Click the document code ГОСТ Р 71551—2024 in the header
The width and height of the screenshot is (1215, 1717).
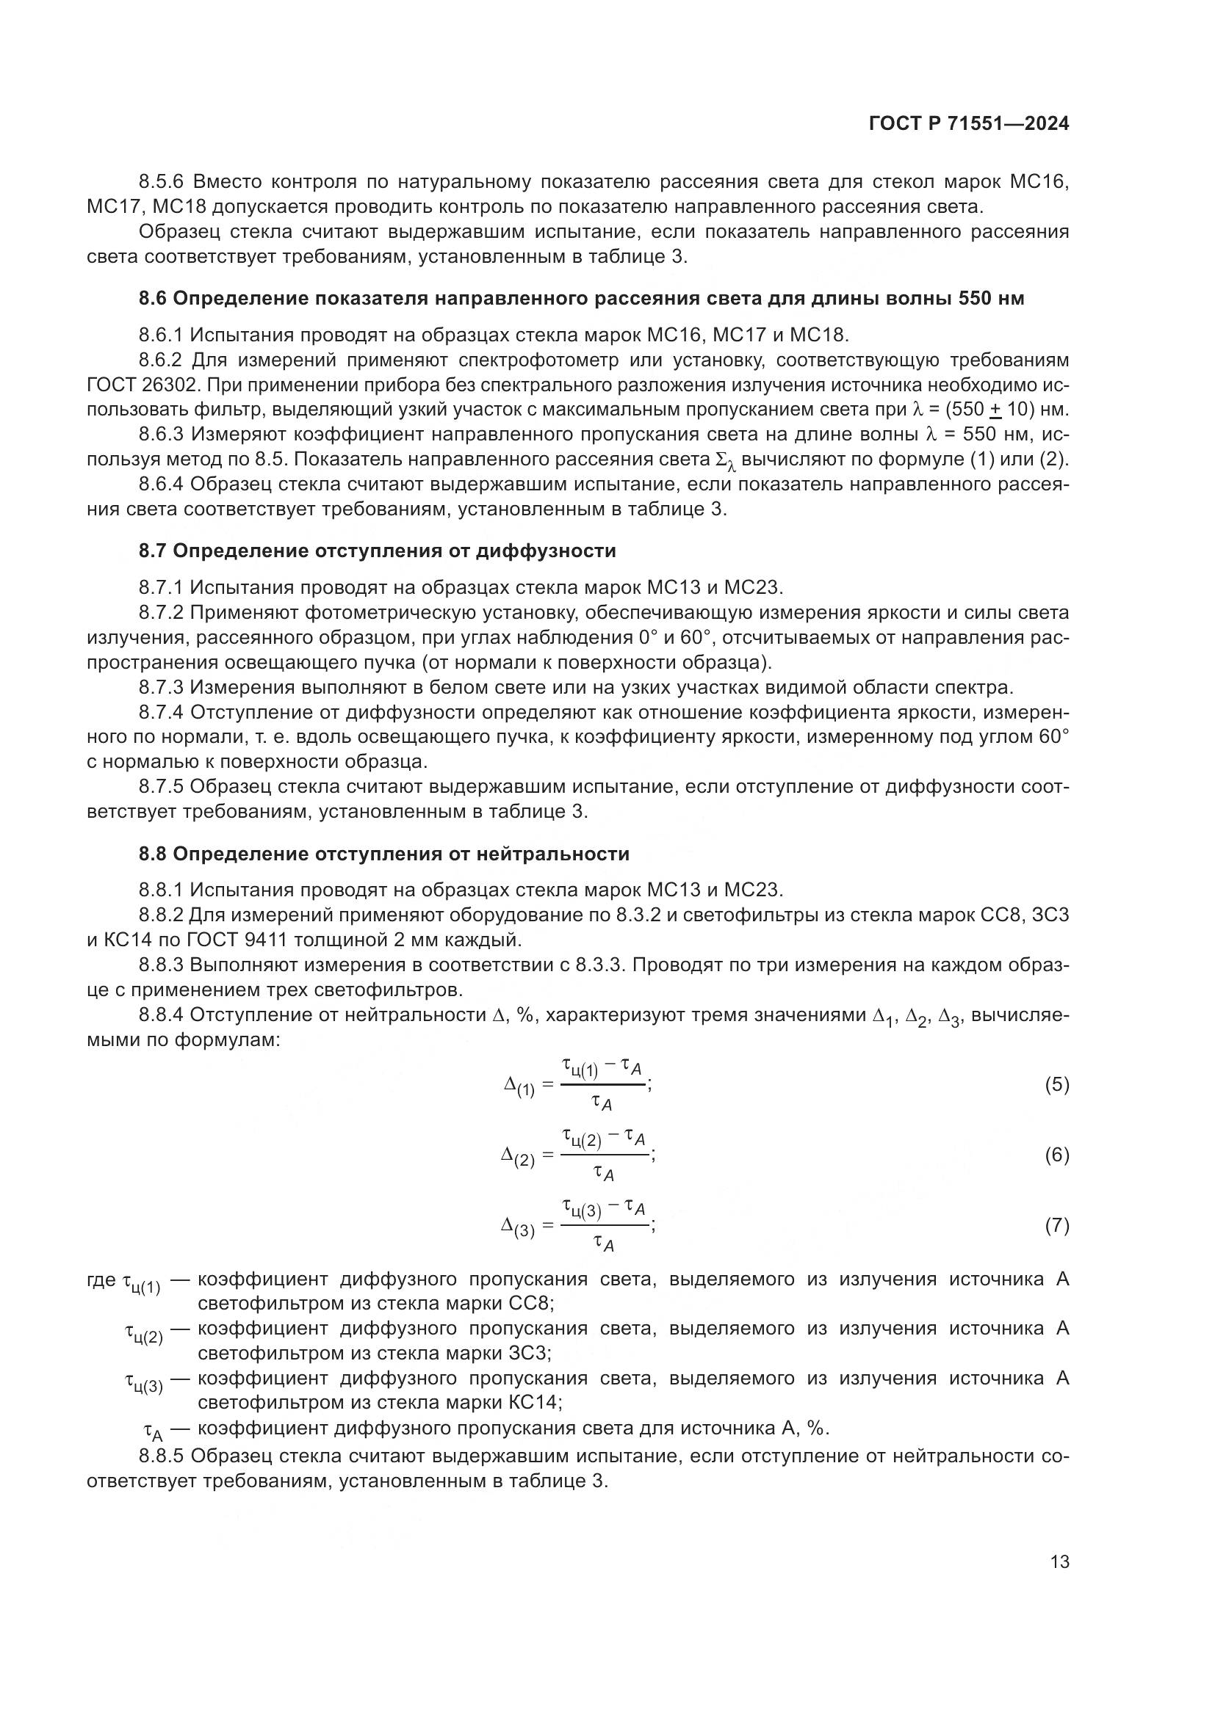969,124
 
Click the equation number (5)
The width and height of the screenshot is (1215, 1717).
1056,1085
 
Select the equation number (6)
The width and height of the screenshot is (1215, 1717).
1056,1155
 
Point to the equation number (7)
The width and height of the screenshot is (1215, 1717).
1056,1226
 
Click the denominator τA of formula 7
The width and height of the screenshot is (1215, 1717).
603,1243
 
